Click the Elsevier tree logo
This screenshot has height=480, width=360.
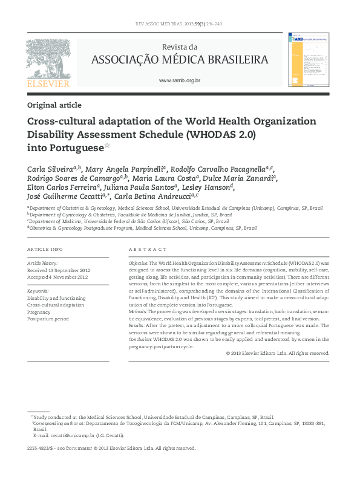48,58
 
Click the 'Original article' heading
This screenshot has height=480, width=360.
54,105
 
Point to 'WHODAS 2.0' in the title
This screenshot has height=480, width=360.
225,134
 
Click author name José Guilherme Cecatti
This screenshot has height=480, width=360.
65,196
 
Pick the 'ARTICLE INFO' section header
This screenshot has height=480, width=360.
45,249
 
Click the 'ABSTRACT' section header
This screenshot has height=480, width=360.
148,249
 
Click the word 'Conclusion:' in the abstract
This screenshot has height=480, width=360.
140,339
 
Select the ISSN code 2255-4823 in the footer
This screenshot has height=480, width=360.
39,449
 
